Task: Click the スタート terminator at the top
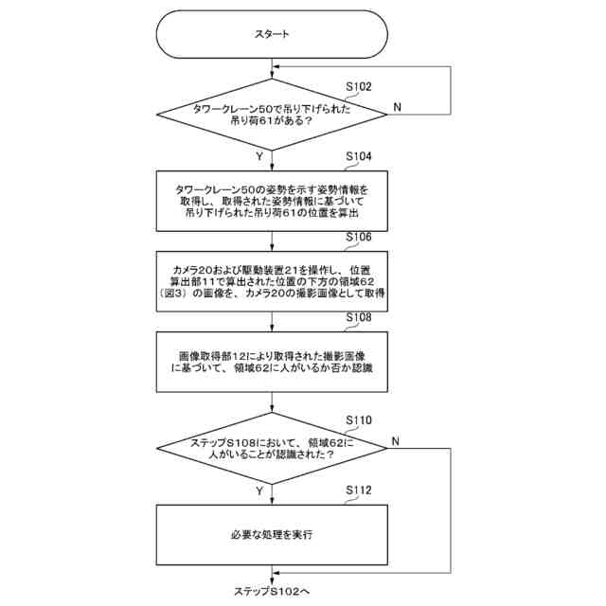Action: (x=272, y=34)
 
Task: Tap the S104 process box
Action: (x=272, y=200)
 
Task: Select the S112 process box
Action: (x=272, y=534)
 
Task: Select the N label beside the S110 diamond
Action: (x=395, y=440)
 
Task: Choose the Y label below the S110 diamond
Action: (x=258, y=490)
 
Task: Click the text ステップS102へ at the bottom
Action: (x=272, y=591)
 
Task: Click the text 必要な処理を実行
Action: (x=272, y=534)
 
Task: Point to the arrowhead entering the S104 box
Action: (x=272, y=167)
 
